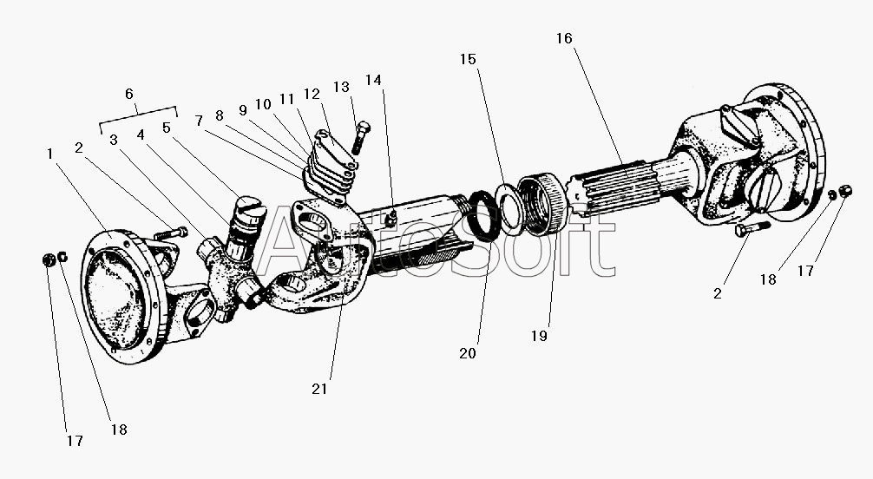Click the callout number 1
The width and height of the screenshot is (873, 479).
pyautogui.click(x=50, y=154)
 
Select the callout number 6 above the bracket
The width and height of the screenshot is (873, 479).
pyautogui.click(x=129, y=94)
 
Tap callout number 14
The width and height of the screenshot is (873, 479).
pyautogui.click(x=373, y=80)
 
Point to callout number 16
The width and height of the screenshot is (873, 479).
pyautogui.click(x=564, y=38)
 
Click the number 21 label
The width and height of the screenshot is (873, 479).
pyautogui.click(x=319, y=389)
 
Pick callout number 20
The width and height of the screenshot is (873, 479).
pyautogui.click(x=469, y=353)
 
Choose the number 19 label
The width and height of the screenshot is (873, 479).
pyautogui.click(x=540, y=336)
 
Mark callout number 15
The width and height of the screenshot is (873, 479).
pyautogui.click(x=469, y=59)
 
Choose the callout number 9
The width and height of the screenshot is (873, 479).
pyautogui.click(x=243, y=110)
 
